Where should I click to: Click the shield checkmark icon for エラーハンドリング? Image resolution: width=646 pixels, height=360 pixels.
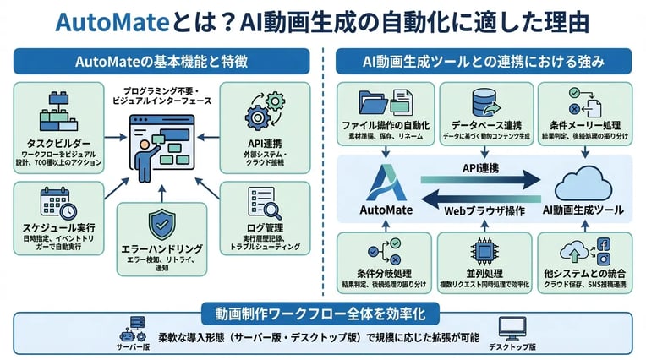tap(161, 225)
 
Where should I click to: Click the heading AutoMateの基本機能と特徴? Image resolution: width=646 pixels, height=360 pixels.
tap(161, 62)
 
